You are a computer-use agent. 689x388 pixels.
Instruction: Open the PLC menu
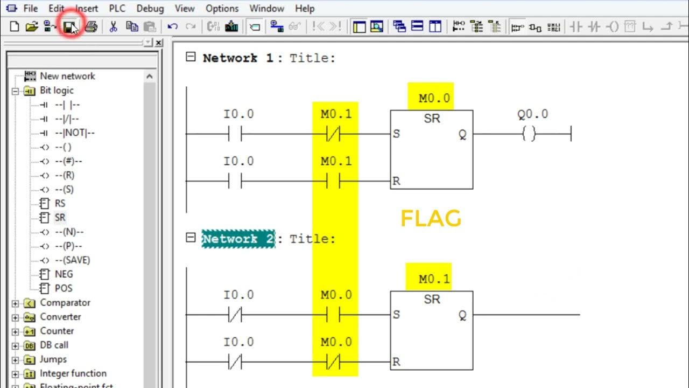click(117, 9)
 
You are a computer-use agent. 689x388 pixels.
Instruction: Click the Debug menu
click(150, 9)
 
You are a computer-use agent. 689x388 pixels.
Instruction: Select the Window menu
click(266, 9)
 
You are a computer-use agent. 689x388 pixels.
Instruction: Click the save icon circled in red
click(69, 26)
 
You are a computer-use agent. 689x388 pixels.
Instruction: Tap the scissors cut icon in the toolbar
click(113, 26)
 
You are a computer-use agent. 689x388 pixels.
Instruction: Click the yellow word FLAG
click(431, 219)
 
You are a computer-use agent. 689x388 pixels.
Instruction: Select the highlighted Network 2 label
click(238, 239)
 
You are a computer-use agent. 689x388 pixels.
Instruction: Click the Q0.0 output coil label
click(532, 114)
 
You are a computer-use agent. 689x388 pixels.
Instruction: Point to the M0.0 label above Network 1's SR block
click(434, 99)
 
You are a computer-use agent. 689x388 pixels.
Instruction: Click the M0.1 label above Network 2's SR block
click(434, 280)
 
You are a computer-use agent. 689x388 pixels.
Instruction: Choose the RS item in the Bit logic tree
click(60, 204)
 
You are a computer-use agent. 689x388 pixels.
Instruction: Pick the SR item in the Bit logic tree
click(60, 218)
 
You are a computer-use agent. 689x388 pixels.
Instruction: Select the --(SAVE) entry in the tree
click(72, 260)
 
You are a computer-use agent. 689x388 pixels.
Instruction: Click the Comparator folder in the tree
click(65, 303)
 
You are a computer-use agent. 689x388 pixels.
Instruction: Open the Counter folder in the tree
click(57, 331)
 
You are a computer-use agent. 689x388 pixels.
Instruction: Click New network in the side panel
click(67, 77)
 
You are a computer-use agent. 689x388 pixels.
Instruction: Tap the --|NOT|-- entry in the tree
click(74, 133)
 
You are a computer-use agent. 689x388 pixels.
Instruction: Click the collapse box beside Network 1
click(191, 57)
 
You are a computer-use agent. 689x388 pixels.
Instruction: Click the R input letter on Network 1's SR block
click(397, 182)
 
